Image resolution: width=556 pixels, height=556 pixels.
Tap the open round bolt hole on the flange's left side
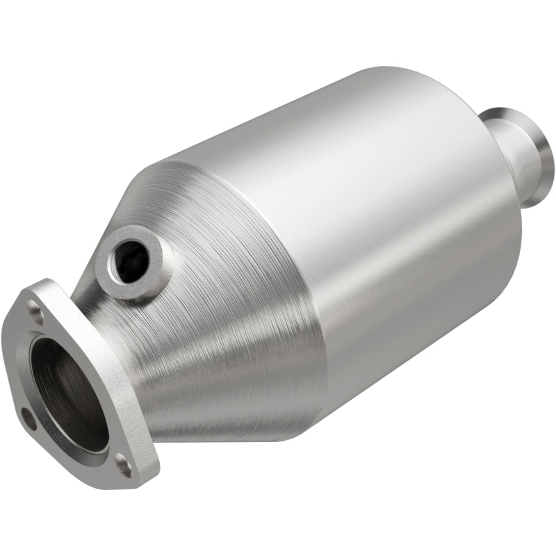pos(28,418)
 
